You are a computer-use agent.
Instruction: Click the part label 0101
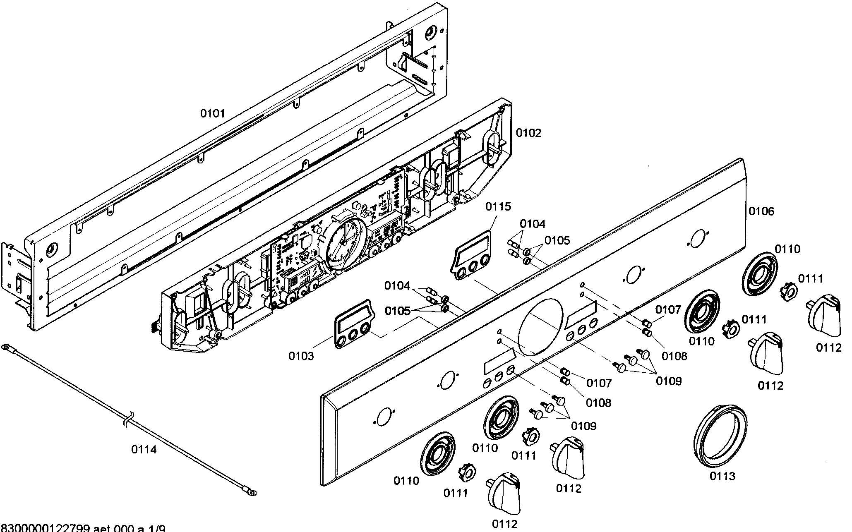coord(212,113)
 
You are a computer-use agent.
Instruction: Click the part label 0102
coord(528,133)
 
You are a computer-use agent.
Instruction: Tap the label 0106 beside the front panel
coord(761,211)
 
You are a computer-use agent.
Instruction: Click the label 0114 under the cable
coord(144,449)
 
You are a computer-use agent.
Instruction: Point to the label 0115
coord(498,206)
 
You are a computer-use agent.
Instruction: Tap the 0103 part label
coord(301,356)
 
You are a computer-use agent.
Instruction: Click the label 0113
coord(722,476)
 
